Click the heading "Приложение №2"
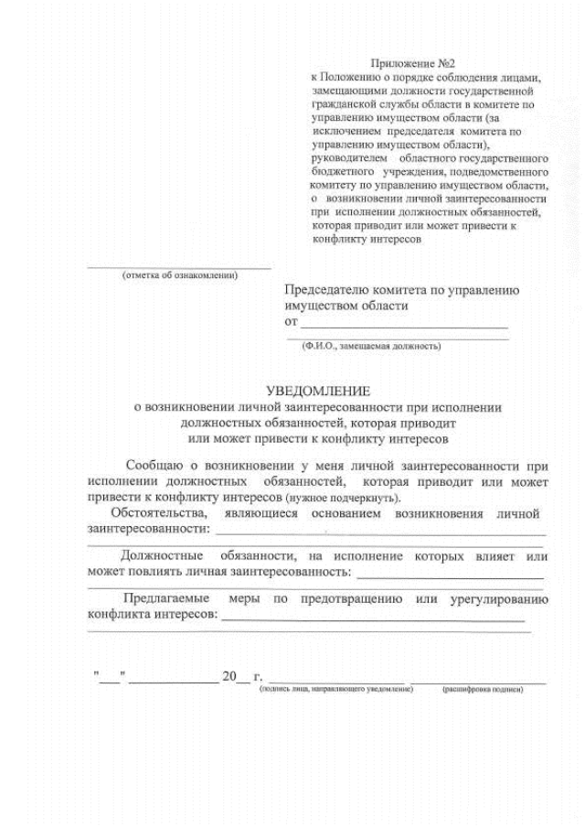pos(421,63)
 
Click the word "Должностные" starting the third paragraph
pos(163,555)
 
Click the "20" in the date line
pos(229,677)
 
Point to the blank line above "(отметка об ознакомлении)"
pos(179,268)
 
